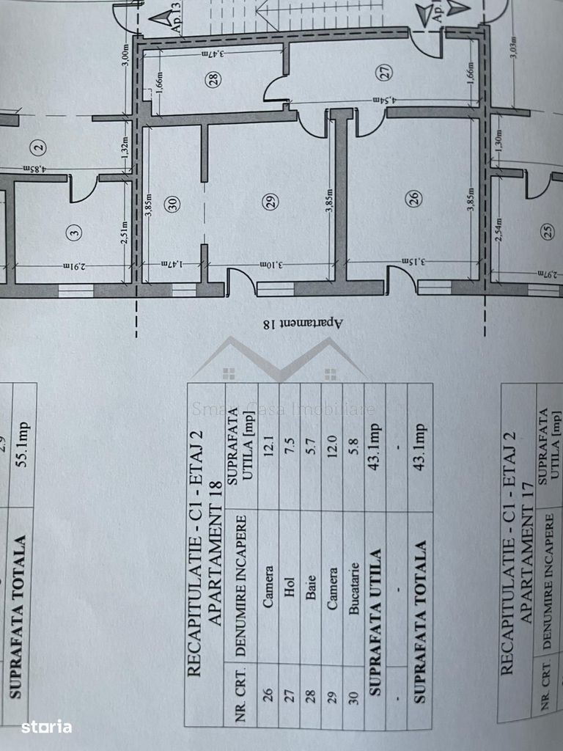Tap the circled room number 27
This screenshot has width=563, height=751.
pyautogui.click(x=386, y=71)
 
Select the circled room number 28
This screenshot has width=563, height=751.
pyautogui.click(x=213, y=80)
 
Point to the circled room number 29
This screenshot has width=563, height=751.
pyautogui.click(x=271, y=203)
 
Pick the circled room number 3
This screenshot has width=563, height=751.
pyautogui.click(x=73, y=234)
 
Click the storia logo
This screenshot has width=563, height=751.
pyautogui.click(x=46, y=727)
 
